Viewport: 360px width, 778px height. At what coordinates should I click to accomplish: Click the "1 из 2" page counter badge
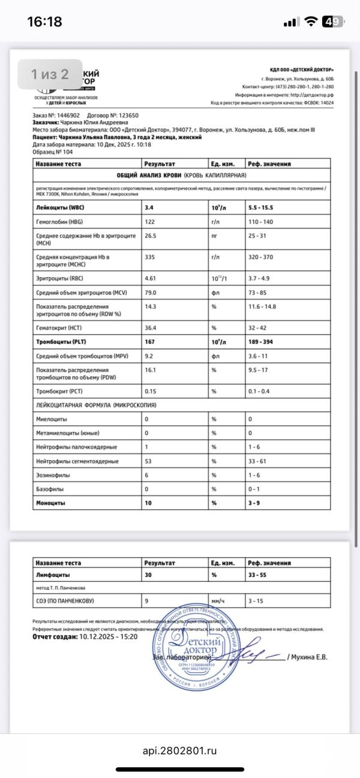(50, 74)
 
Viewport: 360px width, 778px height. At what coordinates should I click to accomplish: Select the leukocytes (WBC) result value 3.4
(149, 208)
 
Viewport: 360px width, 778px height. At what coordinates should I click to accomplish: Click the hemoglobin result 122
(150, 222)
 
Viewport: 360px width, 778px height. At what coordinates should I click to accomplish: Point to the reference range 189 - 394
(265, 342)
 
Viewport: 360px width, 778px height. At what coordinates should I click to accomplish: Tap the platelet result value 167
(150, 342)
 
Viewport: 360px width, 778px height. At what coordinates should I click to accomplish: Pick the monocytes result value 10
(148, 503)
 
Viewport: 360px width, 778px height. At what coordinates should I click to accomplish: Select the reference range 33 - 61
(258, 461)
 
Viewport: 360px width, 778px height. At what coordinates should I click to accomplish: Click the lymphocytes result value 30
(148, 574)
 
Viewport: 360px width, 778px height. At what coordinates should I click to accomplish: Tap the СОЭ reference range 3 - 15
(256, 600)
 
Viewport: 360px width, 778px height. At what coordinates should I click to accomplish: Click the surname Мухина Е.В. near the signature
(310, 657)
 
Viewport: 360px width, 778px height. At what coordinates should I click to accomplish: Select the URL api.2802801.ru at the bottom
(179, 750)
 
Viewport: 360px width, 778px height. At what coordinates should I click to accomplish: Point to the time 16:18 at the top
(44, 22)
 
